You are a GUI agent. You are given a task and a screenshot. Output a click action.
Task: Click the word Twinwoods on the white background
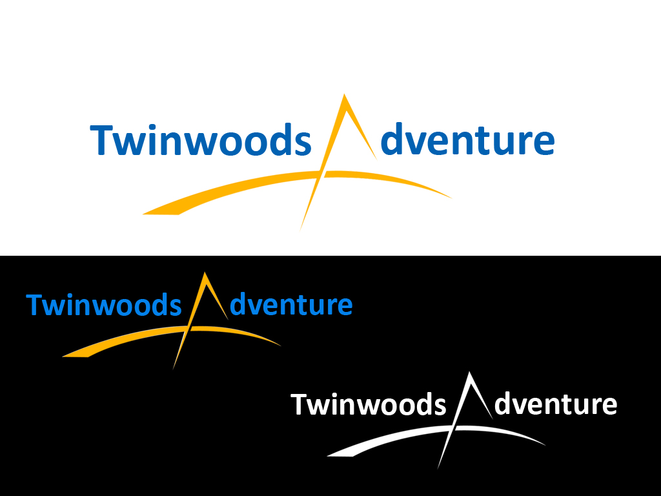point(200,141)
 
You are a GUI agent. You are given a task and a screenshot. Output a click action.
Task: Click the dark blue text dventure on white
point(467,141)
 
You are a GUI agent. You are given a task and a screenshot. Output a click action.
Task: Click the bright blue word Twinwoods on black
point(103,304)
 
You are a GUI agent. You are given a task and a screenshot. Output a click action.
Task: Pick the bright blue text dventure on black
point(290,304)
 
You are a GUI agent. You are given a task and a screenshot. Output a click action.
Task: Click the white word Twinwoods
point(368,404)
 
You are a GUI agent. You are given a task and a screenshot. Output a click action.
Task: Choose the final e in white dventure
point(609,406)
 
